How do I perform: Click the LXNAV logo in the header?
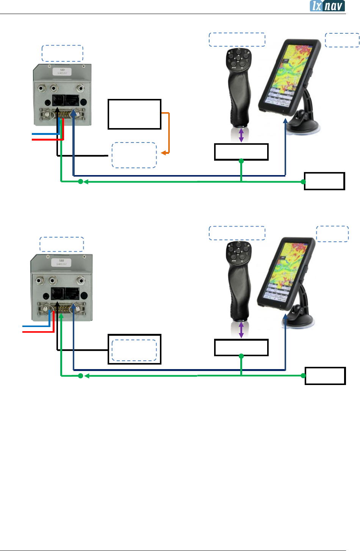[327, 6]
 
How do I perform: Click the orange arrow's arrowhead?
[163, 153]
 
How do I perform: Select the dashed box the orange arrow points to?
[134, 155]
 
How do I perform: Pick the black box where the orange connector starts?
[135, 114]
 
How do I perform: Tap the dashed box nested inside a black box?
[134, 350]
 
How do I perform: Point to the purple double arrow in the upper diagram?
[241, 135]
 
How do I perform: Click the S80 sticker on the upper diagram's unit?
[62, 71]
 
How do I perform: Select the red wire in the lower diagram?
[38, 332]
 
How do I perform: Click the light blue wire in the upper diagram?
[45, 134]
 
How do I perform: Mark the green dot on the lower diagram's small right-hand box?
[304, 376]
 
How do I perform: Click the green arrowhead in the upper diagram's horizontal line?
[86, 182]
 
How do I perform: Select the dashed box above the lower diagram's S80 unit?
[62, 244]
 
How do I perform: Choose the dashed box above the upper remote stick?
[237, 40]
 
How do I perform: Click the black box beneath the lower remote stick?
[241, 347]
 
